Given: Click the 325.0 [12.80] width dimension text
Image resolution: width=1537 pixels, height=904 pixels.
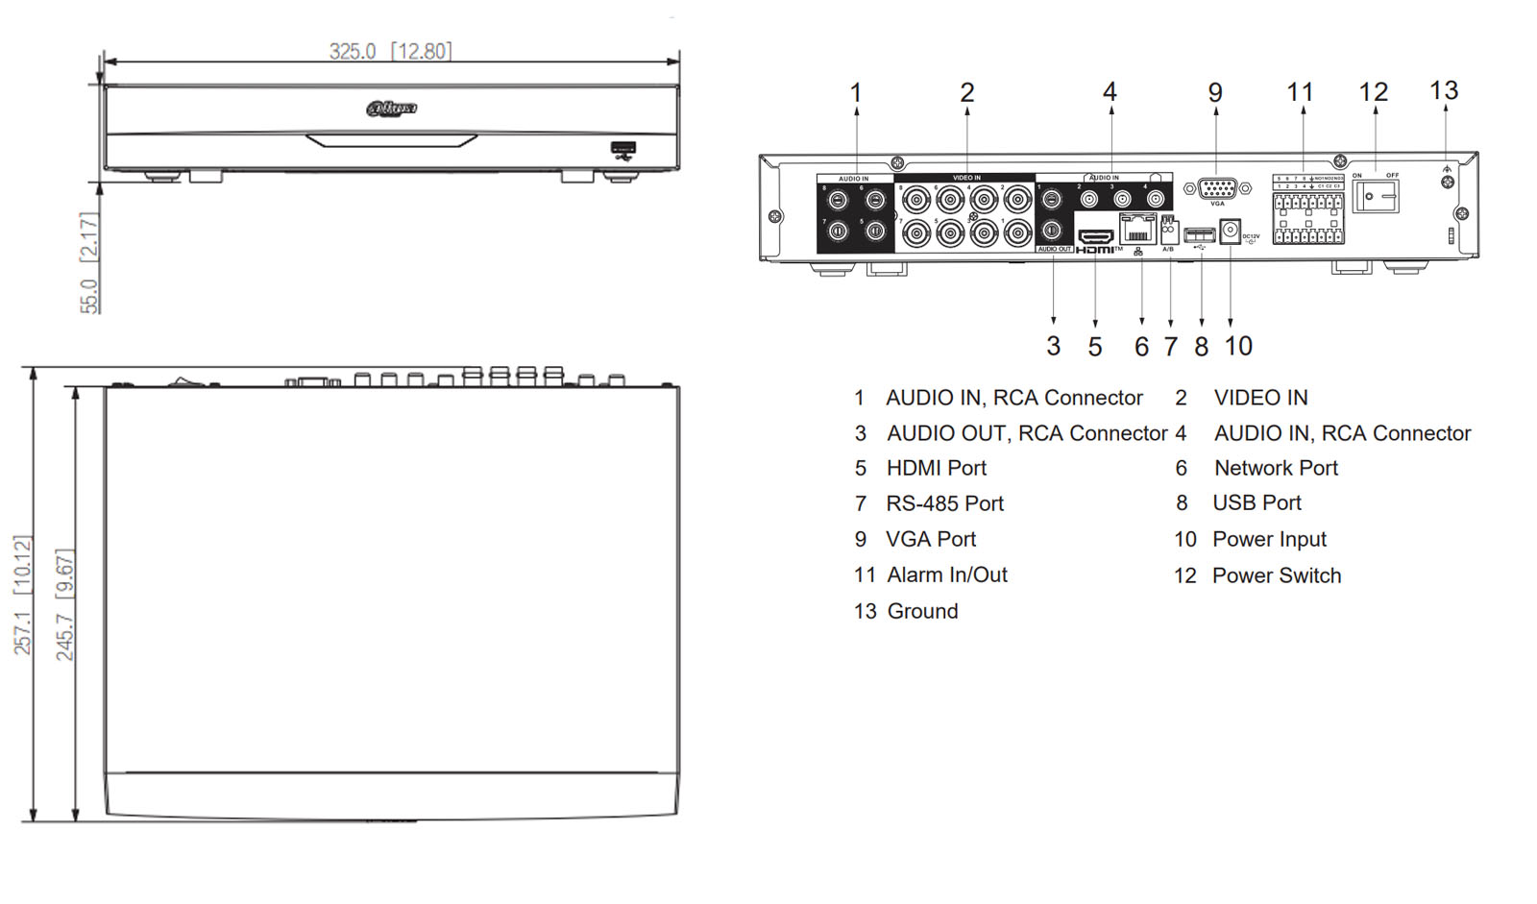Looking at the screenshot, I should click(389, 51).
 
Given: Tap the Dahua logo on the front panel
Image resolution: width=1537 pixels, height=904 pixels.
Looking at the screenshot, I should click(391, 109).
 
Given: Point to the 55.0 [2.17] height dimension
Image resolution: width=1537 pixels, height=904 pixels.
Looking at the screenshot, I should click(88, 262).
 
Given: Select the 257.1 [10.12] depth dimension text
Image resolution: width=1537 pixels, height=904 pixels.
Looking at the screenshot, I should click(22, 596).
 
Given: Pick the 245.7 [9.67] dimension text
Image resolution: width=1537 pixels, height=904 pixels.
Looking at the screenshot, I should click(64, 605).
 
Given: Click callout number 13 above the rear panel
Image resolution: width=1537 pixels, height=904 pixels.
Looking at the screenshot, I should click(1443, 91).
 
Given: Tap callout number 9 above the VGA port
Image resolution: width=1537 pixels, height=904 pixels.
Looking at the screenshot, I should click(1215, 93).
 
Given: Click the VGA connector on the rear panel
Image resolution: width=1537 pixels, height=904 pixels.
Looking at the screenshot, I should click(1217, 188).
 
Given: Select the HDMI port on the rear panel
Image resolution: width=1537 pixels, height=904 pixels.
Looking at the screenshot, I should click(1094, 236).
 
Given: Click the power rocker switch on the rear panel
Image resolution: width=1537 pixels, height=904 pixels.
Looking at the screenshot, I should click(1375, 196).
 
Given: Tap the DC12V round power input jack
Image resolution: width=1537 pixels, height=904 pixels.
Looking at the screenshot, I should click(1230, 232).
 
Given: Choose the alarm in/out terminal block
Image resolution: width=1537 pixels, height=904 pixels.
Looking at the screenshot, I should click(1307, 219).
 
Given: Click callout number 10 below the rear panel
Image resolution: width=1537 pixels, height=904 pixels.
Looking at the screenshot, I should click(1238, 346).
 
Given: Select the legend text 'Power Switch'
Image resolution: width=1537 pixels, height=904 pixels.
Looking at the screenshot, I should click(1276, 575).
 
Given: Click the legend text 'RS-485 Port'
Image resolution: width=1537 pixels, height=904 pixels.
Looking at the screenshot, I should click(944, 503).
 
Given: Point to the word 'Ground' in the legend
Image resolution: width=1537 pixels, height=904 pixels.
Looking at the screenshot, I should click(922, 611).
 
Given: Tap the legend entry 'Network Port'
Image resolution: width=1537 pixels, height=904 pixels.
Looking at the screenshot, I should click(1276, 468).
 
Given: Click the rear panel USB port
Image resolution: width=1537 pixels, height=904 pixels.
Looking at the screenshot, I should click(1199, 234).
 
